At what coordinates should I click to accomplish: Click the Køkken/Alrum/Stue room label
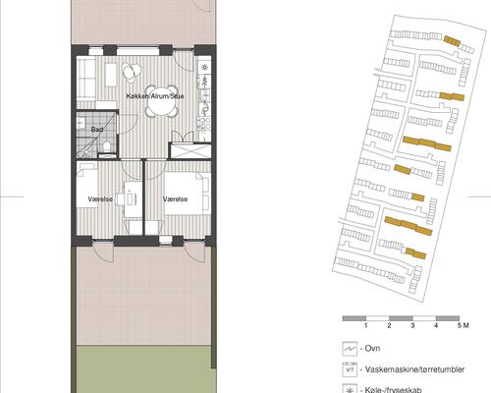coord(155,97)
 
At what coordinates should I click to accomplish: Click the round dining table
coord(132,72)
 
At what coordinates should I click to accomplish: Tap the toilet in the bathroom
coord(103,148)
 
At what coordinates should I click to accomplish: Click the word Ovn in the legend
coord(372,350)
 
